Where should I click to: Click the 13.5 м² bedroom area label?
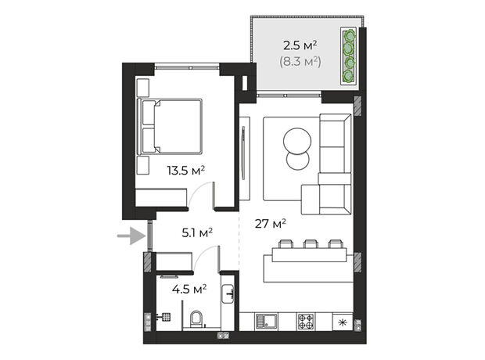(x=186, y=171)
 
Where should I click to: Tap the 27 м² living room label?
(x=270, y=223)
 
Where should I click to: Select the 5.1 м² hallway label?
(x=197, y=232)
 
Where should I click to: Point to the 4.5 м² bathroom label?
(x=189, y=290)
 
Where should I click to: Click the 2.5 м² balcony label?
(x=300, y=46)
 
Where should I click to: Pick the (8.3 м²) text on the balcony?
(x=300, y=62)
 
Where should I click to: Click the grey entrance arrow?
(x=131, y=236)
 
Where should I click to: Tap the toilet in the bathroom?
(x=196, y=319)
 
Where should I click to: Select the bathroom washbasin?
(x=228, y=293)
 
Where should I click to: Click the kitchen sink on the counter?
(x=266, y=322)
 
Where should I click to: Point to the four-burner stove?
(x=306, y=322)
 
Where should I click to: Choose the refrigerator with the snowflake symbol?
(x=343, y=322)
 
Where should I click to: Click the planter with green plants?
(x=349, y=56)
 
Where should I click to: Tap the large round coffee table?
(x=297, y=142)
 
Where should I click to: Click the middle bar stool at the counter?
(x=311, y=244)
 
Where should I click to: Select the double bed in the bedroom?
(x=170, y=126)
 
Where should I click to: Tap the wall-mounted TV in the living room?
(x=243, y=153)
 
